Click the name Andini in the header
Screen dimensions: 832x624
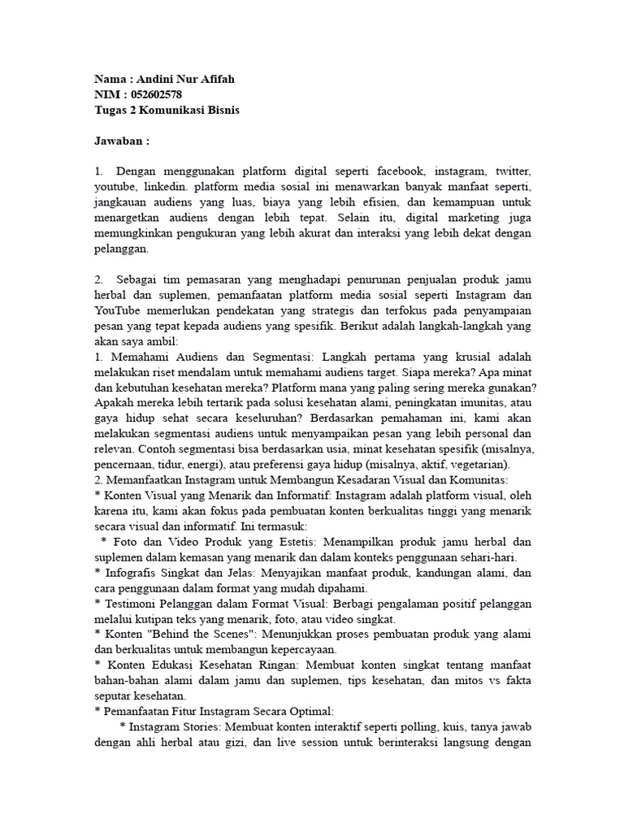tap(157, 79)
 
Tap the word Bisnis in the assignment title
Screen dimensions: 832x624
tap(219, 110)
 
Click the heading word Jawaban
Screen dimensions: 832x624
tap(119, 141)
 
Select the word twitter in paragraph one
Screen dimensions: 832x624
tap(510, 172)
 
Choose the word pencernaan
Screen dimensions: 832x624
tap(123, 465)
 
